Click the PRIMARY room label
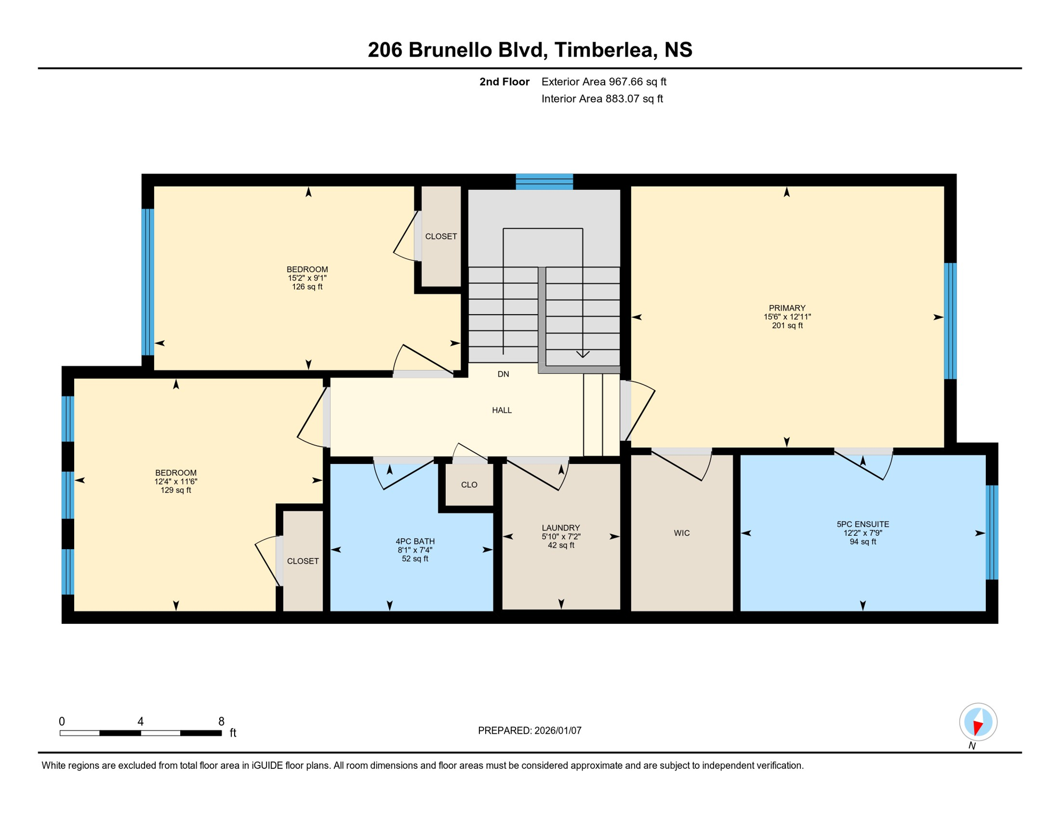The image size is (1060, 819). click(787, 308)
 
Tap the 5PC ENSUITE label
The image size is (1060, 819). click(863, 525)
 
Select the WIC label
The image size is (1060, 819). click(681, 533)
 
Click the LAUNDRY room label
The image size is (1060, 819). click(561, 528)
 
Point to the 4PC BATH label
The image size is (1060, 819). click(415, 542)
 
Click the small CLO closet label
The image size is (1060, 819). click(469, 485)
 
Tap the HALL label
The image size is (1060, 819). click(502, 410)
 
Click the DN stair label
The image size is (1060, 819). click(503, 374)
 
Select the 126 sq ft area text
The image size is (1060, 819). click(307, 287)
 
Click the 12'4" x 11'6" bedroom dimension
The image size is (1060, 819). click(176, 481)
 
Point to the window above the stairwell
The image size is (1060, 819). click(544, 182)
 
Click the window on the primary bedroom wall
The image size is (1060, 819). click(950, 321)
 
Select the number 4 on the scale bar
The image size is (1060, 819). click(141, 721)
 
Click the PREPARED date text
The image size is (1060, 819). click(529, 730)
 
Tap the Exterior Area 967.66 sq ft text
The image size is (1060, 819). click(604, 82)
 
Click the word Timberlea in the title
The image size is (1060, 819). click(604, 50)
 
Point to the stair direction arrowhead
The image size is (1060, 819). click(583, 354)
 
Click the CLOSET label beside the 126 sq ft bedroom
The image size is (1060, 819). click(441, 236)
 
